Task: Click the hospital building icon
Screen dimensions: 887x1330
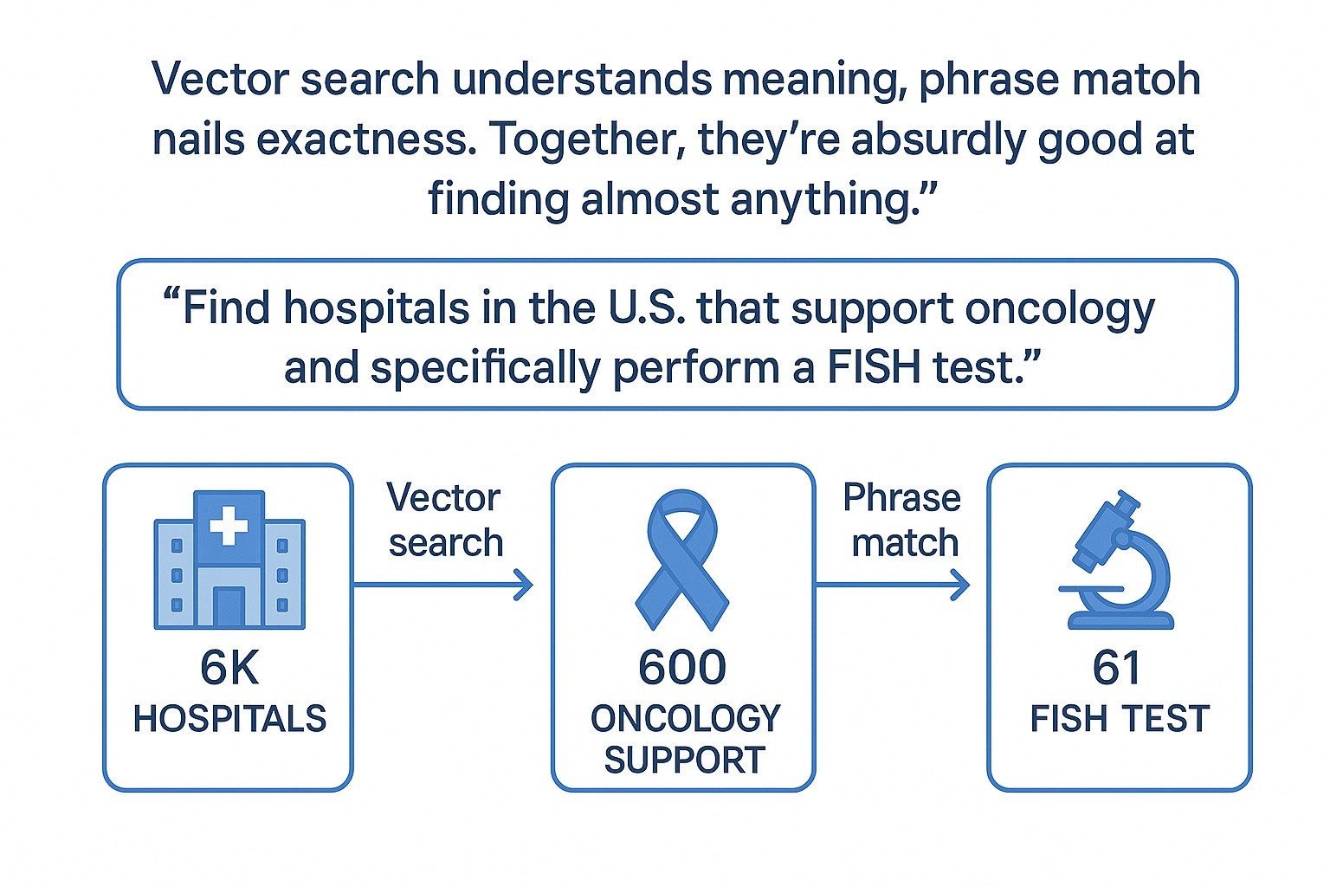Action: pos(229,560)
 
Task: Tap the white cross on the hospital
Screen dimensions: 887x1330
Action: pos(229,525)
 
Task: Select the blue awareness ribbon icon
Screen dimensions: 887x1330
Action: pos(682,560)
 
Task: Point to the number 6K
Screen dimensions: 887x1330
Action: pos(229,668)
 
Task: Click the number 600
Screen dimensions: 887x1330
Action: pos(682,668)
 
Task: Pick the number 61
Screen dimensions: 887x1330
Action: pos(1117,668)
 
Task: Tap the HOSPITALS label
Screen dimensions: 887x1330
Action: pos(229,719)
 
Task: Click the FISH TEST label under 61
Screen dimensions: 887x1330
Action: pos(1119,719)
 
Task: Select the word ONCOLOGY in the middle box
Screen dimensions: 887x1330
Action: pos(685,719)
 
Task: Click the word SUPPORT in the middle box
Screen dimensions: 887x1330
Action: pos(684,761)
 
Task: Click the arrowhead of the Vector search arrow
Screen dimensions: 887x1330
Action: pos(524,585)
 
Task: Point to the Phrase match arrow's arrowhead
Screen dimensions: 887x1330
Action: pos(960,585)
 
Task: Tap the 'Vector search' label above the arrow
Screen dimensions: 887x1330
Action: pos(444,521)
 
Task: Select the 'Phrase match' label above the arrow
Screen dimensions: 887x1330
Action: pos(902,521)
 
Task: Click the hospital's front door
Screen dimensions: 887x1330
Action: pos(229,606)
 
